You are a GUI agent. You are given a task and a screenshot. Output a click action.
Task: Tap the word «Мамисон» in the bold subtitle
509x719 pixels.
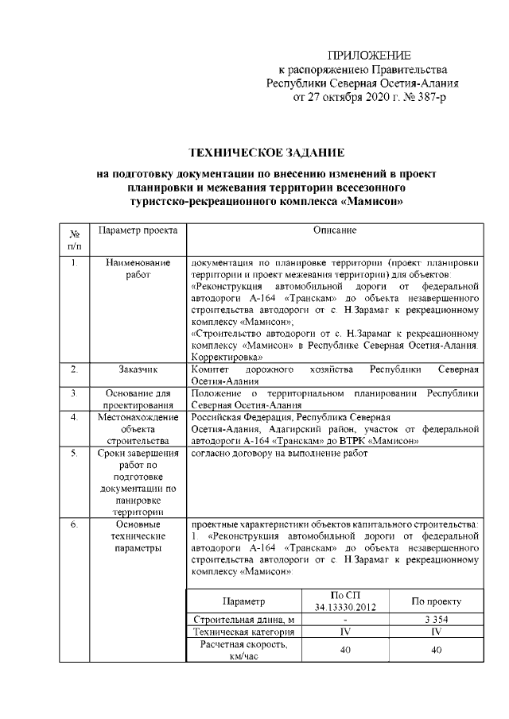372,201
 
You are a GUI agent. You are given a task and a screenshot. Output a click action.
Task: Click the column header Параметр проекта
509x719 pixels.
131,230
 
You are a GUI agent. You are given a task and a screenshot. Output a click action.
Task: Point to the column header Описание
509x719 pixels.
334,230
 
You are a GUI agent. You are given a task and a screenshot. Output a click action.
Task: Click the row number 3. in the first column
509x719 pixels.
73,392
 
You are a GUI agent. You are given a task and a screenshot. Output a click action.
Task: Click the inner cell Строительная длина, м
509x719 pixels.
244,619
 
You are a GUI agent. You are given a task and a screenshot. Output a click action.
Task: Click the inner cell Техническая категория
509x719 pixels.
244,632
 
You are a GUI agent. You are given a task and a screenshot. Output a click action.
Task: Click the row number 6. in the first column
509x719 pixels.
73,524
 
